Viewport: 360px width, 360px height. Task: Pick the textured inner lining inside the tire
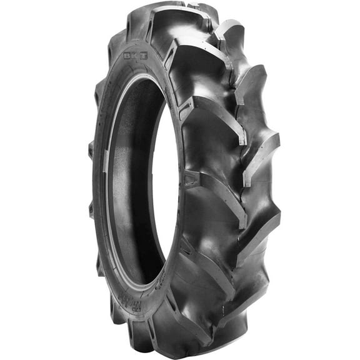point(134,187)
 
